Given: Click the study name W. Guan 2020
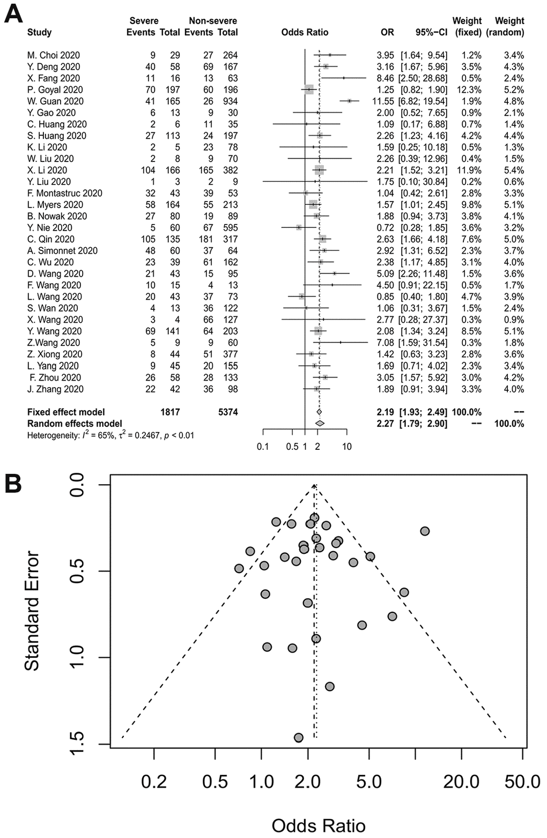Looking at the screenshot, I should pyautogui.click(x=55, y=101).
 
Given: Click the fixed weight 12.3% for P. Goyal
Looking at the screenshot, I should pyautogui.click(x=469, y=90).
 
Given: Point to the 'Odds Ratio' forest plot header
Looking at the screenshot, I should pyautogui.click(x=305, y=33).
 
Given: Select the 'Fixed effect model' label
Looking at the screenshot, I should pyautogui.click(x=66, y=412).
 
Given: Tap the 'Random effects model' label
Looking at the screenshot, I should pyautogui.click(x=75, y=424).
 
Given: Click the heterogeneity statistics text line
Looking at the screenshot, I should pyautogui.click(x=110, y=435).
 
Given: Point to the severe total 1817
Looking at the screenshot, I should pyautogui.click(x=169, y=412).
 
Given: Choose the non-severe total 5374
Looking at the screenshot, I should pyautogui.click(x=227, y=412).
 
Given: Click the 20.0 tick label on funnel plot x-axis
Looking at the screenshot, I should pyautogui.click(x=461, y=781).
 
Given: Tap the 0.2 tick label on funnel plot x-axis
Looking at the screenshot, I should pyautogui.click(x=154, y=781).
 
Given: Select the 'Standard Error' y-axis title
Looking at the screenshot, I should pyautogui.click(x=32, y=611).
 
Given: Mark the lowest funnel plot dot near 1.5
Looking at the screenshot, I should pyautogui.click(x=299, y=738).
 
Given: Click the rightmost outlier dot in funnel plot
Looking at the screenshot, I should pyautogui.click(x=425, y=531).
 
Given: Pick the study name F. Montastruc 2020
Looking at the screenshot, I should pyautogui.click(x=64, y=194).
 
